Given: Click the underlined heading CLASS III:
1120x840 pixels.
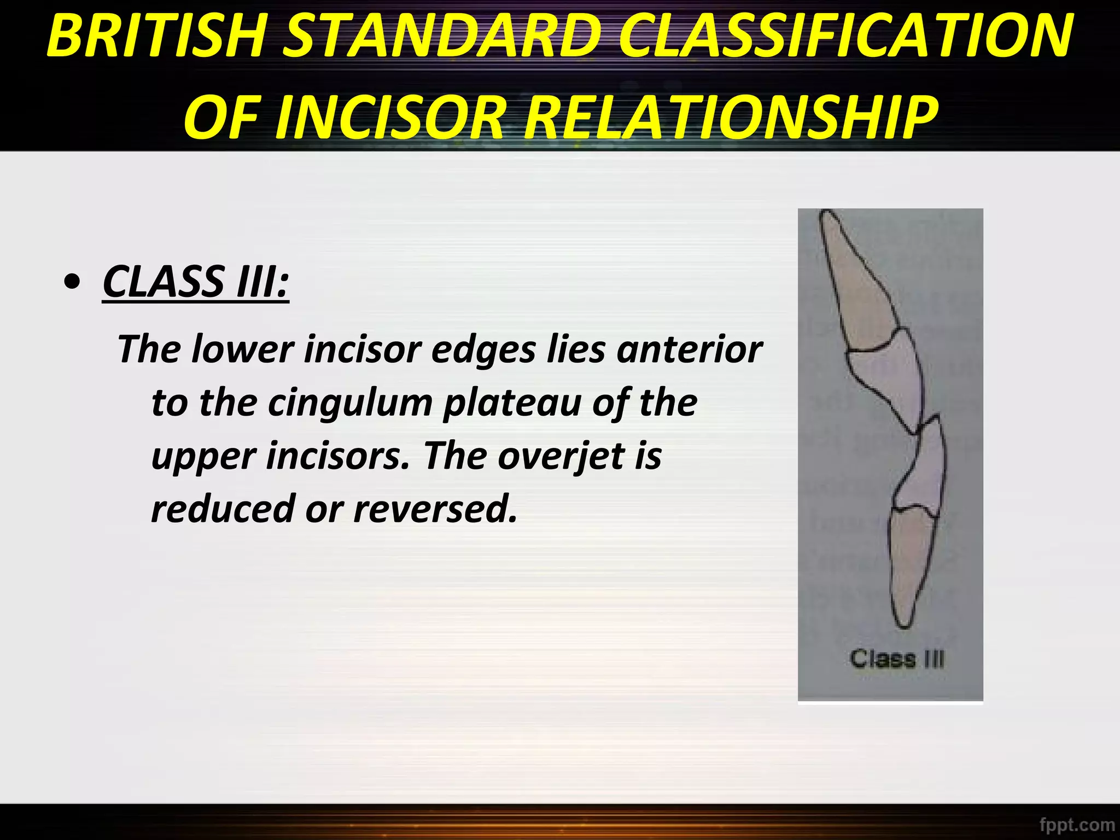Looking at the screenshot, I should click(x=195, y=282).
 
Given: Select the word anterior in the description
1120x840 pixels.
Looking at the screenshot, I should click(x=689, y=350).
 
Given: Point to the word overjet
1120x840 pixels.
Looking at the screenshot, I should click(x=560, y=456).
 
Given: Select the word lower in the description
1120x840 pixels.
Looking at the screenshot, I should click(x=243, y=350).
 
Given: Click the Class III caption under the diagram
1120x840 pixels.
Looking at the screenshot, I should click(x=897, y=659).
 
